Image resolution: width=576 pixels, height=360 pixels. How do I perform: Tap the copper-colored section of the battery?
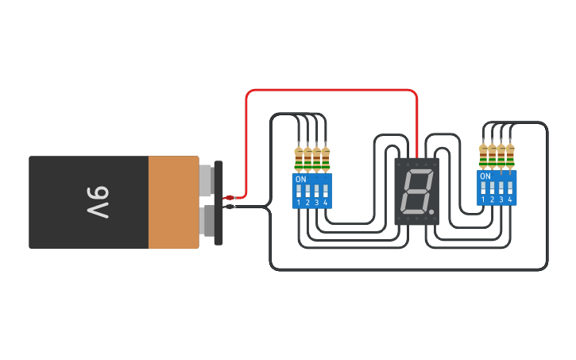coord(173,202)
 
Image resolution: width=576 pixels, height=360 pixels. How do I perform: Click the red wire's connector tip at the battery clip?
coord(229,197)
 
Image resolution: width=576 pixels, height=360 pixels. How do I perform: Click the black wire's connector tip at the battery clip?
coord(229,207)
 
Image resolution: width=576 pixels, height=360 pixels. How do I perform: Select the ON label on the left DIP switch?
coord(300,180)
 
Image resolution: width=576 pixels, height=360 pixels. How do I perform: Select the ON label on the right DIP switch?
coord(485,176)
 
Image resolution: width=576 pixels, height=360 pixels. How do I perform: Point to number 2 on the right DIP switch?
coord(492,199)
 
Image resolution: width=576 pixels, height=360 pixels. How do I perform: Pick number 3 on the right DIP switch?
coord(501,199)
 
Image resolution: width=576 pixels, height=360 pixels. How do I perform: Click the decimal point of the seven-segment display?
coord(431,213)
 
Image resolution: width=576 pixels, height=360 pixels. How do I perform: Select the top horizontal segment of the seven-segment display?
coord(419,171)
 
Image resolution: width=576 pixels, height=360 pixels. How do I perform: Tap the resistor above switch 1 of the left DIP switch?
coord(299,157)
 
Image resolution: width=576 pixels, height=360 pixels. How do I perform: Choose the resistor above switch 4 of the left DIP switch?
coord(325,157)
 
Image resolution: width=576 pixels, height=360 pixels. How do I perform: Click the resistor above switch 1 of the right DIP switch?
coord(483,154)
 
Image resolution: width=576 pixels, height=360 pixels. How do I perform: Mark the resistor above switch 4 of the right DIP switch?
coord(509,154)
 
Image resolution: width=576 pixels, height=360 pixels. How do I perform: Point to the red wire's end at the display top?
coord(417,156)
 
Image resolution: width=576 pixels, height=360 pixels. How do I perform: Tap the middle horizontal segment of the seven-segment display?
coord(417,192)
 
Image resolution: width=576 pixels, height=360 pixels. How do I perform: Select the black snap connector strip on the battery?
coord(218,203)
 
